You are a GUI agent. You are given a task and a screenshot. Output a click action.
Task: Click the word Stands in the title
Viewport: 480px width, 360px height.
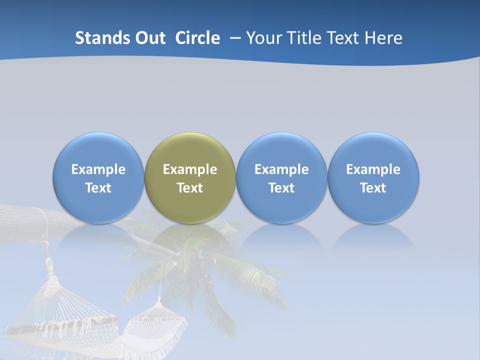click(101, 38)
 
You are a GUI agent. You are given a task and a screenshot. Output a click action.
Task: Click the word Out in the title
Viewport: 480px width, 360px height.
click(149, 38)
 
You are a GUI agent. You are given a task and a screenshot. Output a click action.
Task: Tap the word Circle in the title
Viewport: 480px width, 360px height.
click(197, 38)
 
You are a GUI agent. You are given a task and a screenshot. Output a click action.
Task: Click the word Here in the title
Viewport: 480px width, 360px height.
click(383, 38)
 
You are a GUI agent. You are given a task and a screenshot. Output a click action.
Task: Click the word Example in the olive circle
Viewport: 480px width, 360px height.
click(190, 169)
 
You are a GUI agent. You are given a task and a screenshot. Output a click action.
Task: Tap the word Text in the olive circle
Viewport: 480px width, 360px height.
click(190, 188)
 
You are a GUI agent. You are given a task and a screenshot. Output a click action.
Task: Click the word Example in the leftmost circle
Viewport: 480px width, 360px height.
click(98, 169)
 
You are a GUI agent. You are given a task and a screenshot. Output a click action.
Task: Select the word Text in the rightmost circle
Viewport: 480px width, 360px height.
click(373, 188)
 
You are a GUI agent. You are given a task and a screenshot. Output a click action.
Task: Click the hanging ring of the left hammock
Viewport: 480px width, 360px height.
click(49, 263)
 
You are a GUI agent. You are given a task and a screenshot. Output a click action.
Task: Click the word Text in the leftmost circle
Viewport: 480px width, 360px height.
click(98, 188)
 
